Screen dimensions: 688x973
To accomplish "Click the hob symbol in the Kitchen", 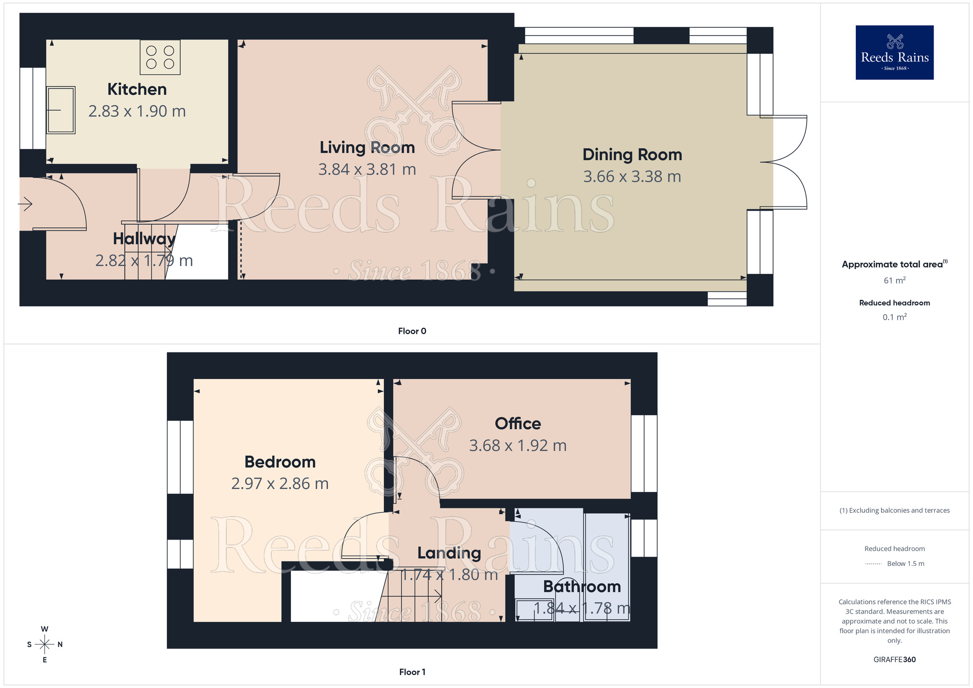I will click(x=160, y=57).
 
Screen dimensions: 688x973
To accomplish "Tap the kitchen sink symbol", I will click(x=61, y=110).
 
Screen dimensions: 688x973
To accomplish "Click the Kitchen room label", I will click(x=137, y=90).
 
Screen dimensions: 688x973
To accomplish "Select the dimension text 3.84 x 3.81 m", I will click(x=367, y=169).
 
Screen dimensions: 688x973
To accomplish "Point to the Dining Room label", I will click(x=632, y=155).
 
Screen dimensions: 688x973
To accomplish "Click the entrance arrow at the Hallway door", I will click(x=25, y=203).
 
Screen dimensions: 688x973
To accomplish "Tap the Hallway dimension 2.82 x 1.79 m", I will click(x=144, y=261).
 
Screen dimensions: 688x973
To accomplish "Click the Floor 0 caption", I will click(x=412, y=331).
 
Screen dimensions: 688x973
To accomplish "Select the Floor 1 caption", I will click(x=412, y=672).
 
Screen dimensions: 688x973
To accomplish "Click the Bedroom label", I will click(x=280, y=462).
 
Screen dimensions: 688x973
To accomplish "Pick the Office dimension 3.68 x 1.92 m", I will click(x=518, y=446).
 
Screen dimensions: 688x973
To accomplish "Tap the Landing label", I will click(x=449, y=553).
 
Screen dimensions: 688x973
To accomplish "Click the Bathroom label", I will click(x=582, y=587).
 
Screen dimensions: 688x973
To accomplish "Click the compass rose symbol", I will click(x=45, y=645).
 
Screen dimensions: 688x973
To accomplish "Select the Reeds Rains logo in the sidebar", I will click(x=894, y=53).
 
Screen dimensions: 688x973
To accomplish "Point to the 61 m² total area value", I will click(x=894, y=281).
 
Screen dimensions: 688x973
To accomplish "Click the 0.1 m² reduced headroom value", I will click(x=894, y=317).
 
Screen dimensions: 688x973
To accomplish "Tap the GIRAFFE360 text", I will click(x=894, y=660).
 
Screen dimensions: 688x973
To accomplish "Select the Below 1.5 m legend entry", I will click(x=905, y=563).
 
